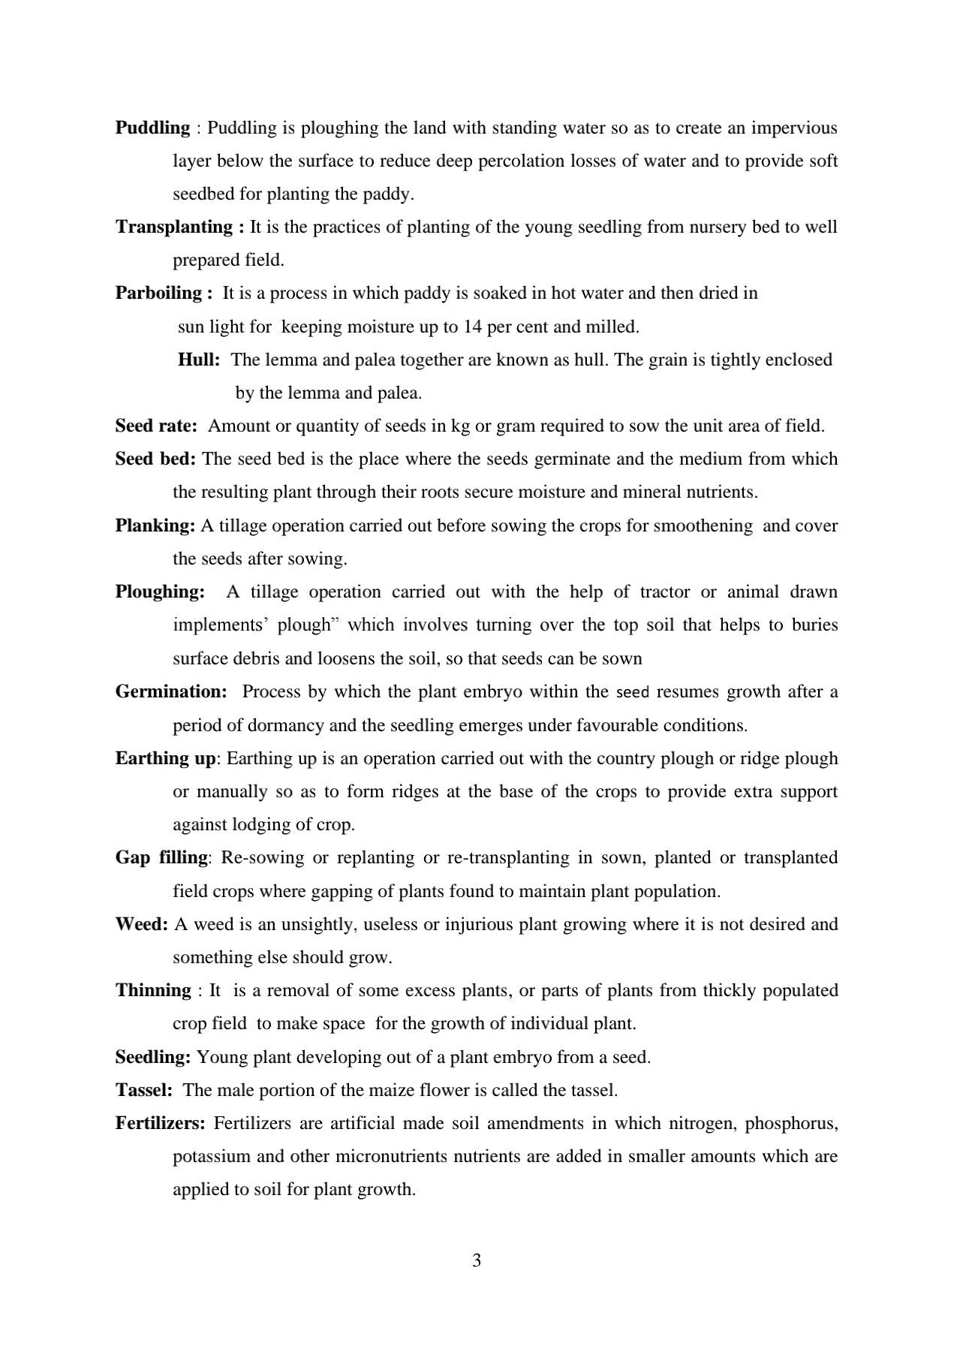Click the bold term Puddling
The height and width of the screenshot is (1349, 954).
[x=152, y=128]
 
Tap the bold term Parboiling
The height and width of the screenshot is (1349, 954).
[x=158, y=294]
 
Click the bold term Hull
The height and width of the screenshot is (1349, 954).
[x=197, y=360]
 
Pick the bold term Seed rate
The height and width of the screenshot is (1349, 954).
[x=155, y=426]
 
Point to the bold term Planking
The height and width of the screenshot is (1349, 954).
[x=155, y=525]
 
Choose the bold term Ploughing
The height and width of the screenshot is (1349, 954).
[x=159, y=592]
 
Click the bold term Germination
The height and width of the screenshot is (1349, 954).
[x=170, y=691]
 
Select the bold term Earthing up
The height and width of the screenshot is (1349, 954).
[x=165, y=758]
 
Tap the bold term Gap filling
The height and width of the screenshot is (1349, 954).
[x=161, y=857]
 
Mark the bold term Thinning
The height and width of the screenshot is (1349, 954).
[x=153, y=990]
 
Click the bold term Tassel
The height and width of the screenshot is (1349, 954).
[x=143, y=1090]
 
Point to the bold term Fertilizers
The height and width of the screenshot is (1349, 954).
[x=160, y=1124]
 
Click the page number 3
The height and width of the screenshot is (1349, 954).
[x=477, y=1260]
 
